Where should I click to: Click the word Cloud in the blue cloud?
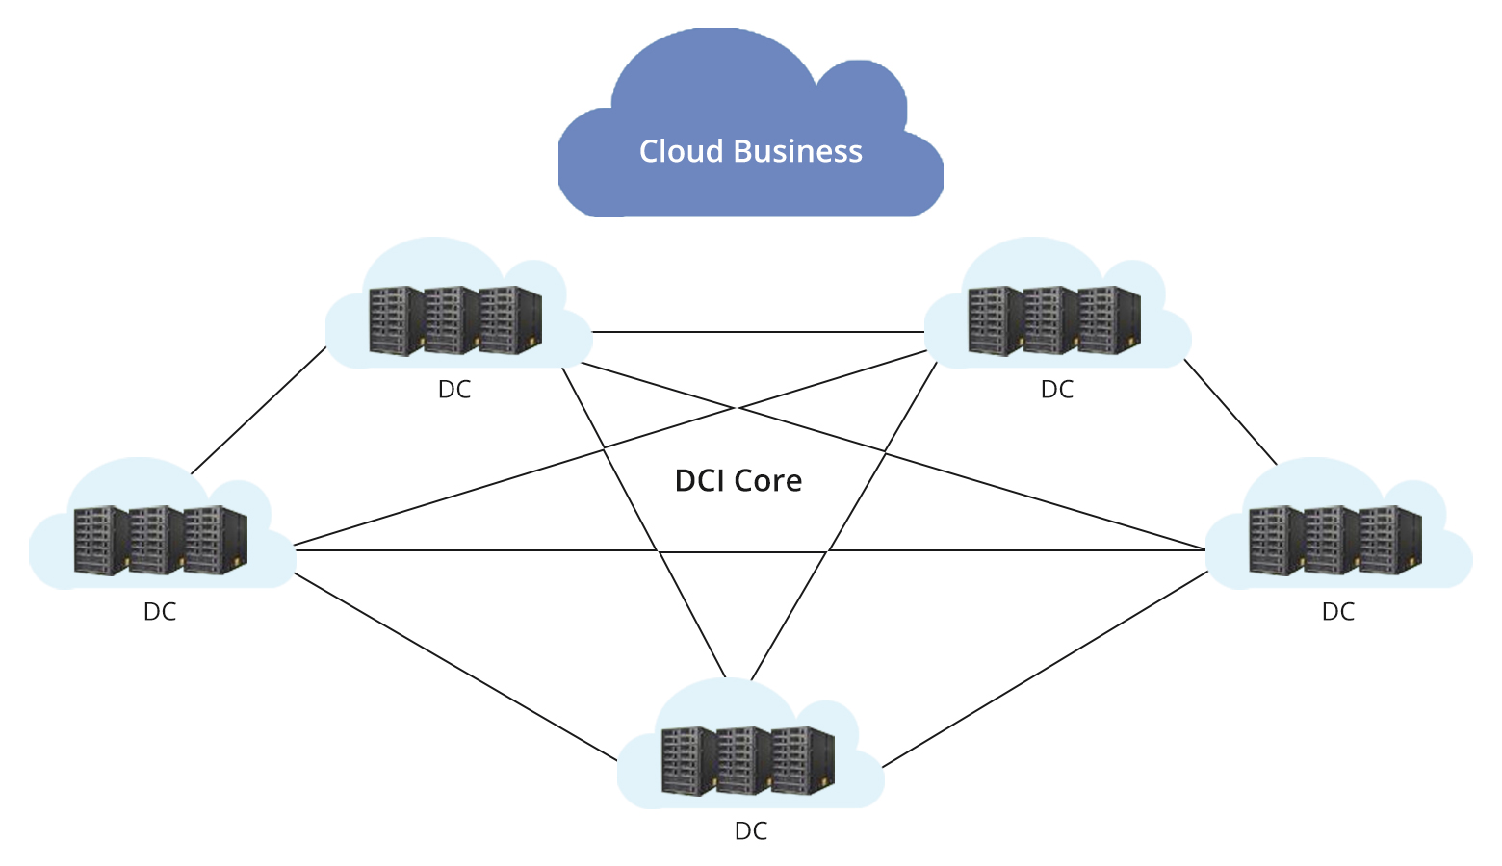[681, 151]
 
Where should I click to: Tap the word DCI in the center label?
[699, 480]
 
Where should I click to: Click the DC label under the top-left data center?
[454, 390]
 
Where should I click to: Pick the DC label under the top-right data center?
[1056, 390]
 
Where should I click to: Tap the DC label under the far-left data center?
[160, 612]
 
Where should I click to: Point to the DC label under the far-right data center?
[1337, 612]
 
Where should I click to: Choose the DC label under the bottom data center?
[750, 831]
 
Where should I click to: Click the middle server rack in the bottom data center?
[744, 760]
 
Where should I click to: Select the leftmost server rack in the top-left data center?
[396, 320]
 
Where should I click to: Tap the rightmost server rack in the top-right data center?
[1109, 320]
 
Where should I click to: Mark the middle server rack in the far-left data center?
[156, 540]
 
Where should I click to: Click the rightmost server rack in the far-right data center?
[1390, 540]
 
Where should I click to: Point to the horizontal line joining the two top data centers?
[759, 332]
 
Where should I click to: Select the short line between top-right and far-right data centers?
[1230, 411]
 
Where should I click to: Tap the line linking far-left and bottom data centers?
[454, 666]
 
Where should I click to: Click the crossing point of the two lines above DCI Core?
[737, 407]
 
